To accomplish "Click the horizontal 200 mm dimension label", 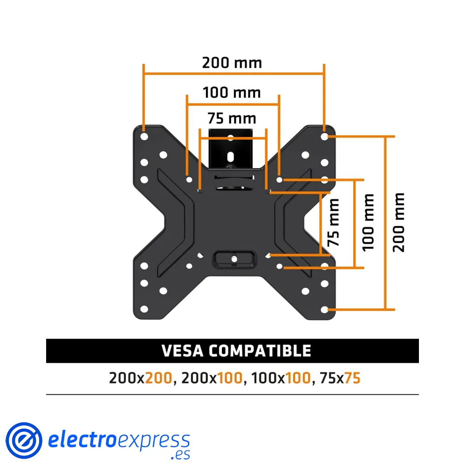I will [232, 62].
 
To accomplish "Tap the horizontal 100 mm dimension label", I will [232, 92].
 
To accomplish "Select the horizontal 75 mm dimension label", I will [232, 118].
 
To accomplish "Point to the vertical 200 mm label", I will [399, 222].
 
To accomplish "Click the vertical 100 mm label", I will [369, 222].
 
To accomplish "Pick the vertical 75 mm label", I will [333, 222].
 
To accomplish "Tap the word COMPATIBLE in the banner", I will [260, 350].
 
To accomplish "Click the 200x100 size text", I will [212, 378].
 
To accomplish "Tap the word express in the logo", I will [154, 440].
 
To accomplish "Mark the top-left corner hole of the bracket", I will [144, 137].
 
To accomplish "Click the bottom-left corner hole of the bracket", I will [144, 309].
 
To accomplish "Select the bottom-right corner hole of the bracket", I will [325, 309].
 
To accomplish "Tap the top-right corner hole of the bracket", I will [325, 137].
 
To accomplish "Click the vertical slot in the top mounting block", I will [231, 155].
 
